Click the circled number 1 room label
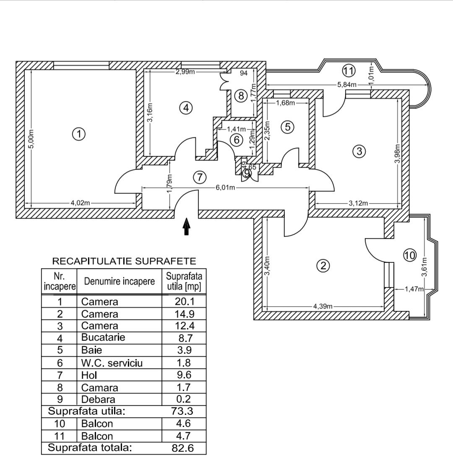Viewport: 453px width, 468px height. tap(79, 134)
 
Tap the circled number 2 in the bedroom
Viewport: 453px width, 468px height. tap(323, 265)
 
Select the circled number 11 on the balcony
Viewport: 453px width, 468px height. tap(348, 70)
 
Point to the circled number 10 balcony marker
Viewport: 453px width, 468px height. tap(410, 254)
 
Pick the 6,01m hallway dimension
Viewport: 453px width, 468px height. tap(226, 188)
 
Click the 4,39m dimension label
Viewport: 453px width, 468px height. tap(323, 306)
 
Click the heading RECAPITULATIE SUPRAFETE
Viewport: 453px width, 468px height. tap(124, 262)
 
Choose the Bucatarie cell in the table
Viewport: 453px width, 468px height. tap(103, 337)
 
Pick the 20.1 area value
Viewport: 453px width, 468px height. tap(185, 302)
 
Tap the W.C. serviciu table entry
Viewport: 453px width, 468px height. tap(112, 363)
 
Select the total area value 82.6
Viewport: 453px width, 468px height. tap(183, 448)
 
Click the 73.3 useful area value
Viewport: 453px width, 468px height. tap(183, 411)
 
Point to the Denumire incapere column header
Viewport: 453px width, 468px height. tap(120, 281)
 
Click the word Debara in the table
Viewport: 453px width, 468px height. tap(98, 399)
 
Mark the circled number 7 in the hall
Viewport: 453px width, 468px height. tap(200, 177)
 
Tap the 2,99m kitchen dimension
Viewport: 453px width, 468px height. tap(185, 72)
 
